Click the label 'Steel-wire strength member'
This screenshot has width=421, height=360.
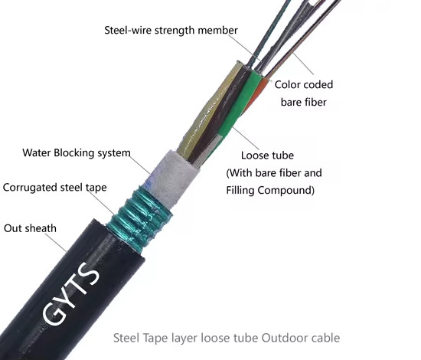[x=171, y=31]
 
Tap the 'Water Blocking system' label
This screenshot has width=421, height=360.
[x=77, y=153]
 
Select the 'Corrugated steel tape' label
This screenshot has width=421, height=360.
[x=55, y=188]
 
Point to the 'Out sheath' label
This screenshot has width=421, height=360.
[x=30, y=228]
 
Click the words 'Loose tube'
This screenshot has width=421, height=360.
[x=267, y=155]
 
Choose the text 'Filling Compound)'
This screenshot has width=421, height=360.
[x=270, y=191]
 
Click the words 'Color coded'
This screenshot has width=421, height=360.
[x=304, y=84]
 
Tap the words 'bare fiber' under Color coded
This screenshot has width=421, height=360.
[x=304, y=102]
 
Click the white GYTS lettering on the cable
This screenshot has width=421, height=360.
[x=71, y=293]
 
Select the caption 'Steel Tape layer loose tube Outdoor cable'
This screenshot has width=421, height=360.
[x=227, y=338]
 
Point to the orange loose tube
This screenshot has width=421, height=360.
[x=256, y=96]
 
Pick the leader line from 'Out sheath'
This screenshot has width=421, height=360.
[x=56, y=242]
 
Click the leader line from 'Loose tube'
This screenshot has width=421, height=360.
[x=246, y=138]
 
